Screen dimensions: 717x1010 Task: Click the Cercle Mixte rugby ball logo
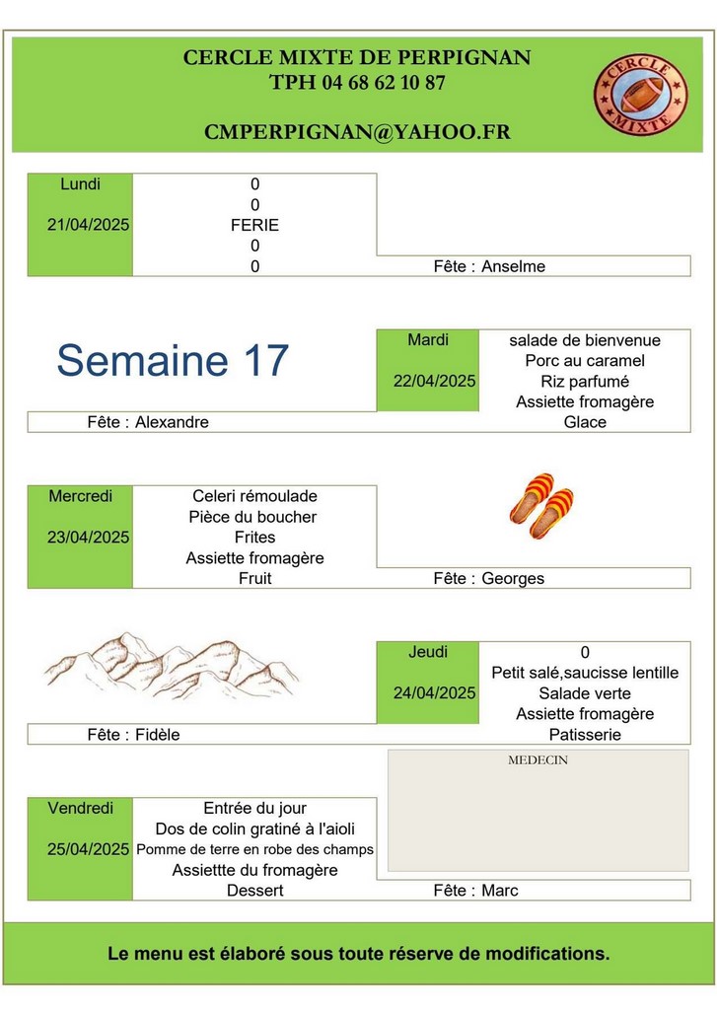(x=640, y=95)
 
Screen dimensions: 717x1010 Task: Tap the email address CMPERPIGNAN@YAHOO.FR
(x=358, y=132)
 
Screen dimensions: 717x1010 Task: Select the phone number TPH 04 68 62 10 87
(x=358, y=83)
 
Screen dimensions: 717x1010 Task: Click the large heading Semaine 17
(x=173, y=359)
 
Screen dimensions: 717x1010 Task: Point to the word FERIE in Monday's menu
(x=255, y=226)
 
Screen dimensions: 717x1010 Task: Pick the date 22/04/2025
(x=435, y=382)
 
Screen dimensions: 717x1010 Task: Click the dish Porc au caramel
(x=585, y=361)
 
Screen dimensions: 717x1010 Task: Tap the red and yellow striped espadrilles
(x=541, y=506)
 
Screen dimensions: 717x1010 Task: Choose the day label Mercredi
(x=81, y=496)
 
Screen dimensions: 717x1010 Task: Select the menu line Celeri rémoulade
(x=255, y=496)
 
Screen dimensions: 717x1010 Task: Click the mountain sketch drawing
(x=172, y=666)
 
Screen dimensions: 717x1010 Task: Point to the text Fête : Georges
(x=489, y=578)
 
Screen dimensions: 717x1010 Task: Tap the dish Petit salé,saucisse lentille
(x=585, y=673)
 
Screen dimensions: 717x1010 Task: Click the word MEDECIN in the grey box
(x=538, y=760)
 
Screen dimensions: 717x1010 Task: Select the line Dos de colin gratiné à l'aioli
(x=255, y=829)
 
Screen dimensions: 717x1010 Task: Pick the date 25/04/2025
(x=88, y=849)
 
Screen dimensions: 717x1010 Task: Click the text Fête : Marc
(x=476, y=891)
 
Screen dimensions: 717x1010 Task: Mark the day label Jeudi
(x=428, y=652)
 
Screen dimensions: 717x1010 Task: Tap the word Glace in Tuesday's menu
(x=585, y=422)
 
